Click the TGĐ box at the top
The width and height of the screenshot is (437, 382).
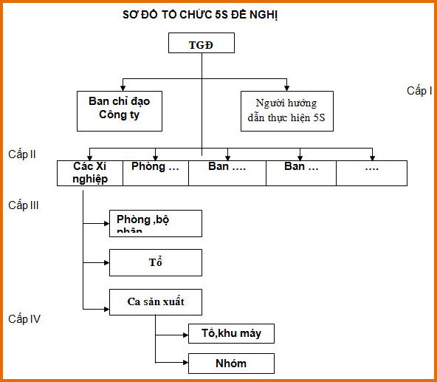201,44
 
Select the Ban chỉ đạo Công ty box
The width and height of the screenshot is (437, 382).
119,110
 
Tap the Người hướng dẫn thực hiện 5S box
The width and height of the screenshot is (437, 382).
287,111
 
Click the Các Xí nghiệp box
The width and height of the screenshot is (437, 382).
89,172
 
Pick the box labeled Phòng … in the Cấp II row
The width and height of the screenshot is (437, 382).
155,172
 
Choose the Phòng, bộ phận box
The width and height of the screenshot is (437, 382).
155,223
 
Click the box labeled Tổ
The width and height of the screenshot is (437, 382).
155,262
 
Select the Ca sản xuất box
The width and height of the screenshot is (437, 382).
155,301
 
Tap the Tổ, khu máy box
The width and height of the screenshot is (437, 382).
231,333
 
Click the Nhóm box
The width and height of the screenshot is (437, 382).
231,363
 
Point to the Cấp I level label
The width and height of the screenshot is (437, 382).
419,91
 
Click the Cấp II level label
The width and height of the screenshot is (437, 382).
23,154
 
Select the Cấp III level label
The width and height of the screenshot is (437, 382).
24,205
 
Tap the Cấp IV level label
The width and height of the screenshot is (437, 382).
24,319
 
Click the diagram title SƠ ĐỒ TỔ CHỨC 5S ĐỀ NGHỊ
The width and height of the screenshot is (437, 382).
200,14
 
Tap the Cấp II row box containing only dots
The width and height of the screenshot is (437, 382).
371,172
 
